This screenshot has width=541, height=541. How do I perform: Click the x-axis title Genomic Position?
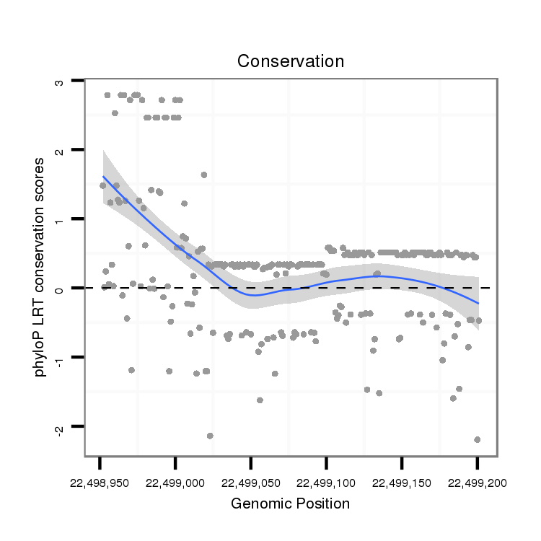[290, 503]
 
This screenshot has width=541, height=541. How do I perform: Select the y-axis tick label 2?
[60, 150]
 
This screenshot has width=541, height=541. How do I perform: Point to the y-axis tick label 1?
[60, 219]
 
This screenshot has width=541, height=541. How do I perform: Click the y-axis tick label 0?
[60, 289]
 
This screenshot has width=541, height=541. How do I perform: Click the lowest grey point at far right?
[478, 439]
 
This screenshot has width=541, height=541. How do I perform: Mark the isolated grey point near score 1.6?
[204, 175]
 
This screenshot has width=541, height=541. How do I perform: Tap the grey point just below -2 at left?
[210, 436]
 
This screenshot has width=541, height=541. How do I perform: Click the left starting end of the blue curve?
[103, 176]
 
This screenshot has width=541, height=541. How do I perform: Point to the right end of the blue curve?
[478, 303]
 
